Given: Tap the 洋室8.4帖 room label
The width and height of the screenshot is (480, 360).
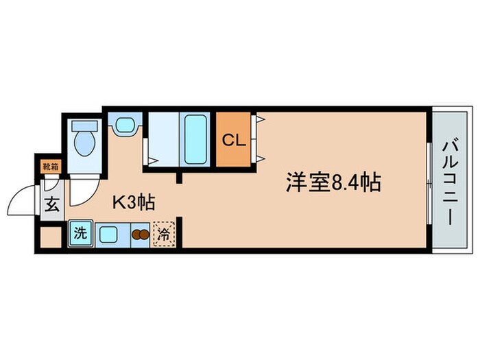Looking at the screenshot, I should [333, 183].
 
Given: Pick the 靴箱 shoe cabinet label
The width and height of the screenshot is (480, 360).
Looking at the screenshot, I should [50, 165].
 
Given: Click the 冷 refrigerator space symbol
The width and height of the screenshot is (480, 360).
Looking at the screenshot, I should [163, 234].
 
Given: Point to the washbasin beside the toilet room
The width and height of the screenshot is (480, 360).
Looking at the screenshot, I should [124, 125].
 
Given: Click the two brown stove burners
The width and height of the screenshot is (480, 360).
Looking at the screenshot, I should [139, 235].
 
